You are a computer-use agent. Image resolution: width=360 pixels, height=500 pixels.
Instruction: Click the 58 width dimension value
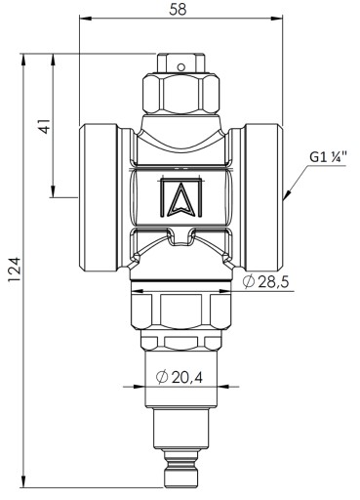click(178, 9)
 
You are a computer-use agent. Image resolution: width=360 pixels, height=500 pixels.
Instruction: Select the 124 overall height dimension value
click(15, 270)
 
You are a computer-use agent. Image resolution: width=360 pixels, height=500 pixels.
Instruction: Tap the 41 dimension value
click(45, 125)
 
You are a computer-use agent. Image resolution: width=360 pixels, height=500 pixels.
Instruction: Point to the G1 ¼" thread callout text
click(328, 158)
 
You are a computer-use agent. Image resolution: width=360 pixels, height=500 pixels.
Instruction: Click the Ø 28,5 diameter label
click(266, 281)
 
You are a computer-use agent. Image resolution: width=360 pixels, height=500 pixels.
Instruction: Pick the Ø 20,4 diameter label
click(180, 377)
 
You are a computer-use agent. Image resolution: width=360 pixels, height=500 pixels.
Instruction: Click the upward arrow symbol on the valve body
click(181, 197)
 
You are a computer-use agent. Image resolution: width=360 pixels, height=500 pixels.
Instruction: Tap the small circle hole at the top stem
click(181, 67)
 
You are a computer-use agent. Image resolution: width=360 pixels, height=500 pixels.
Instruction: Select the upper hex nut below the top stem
click(180, 95)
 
